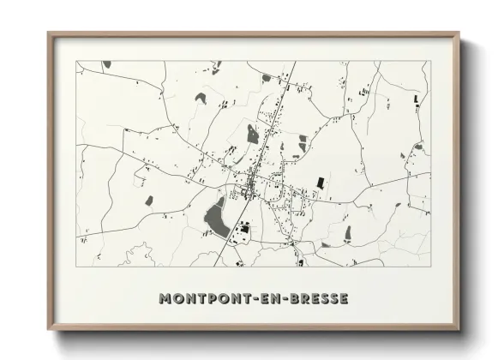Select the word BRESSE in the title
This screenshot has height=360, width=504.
point(320,298)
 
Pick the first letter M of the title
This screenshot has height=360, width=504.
point(165,298)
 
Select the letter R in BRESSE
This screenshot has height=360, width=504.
point(307,298)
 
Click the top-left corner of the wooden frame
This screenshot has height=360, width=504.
point(49,34)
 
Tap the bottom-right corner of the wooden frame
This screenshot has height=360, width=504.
point(458,328)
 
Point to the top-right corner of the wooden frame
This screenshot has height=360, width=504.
point(458,34)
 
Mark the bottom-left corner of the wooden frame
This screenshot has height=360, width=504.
point(49,328)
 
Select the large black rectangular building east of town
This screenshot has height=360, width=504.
point(321,183)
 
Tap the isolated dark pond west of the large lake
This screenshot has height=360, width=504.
point(148,201)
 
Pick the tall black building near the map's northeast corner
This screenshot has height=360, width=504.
point(417,99)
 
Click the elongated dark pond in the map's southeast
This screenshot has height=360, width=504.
point(347,232)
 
